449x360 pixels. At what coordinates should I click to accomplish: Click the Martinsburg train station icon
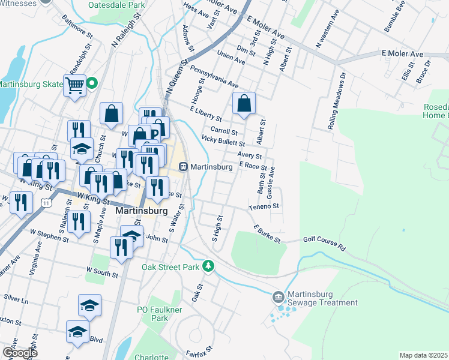click(184, 167)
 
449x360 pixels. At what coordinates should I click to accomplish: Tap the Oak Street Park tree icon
click(208, 265)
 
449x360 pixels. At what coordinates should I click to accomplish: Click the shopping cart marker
click(75, 85)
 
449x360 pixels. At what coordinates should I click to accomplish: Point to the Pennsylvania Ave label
click(214, 77)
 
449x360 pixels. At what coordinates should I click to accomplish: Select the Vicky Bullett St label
click(223, 140)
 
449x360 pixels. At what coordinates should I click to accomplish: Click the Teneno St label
click(265, 206)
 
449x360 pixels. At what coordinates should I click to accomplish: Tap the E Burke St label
click(267, 234)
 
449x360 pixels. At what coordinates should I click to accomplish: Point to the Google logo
click(19, 353)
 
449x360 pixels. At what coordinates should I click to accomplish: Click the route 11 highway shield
click(46, 205)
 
